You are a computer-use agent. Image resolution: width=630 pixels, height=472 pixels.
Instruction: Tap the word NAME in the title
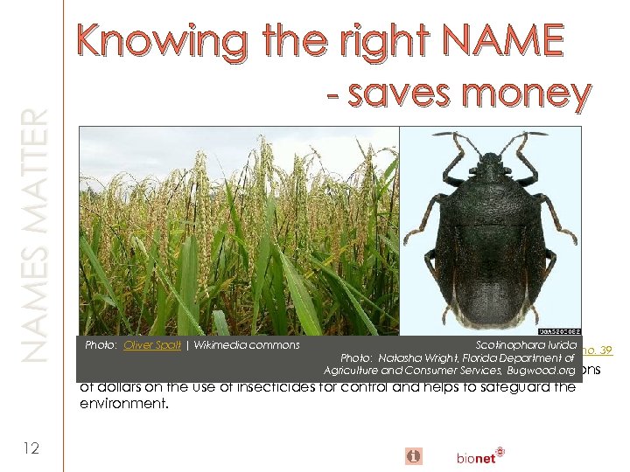tap(503, 41)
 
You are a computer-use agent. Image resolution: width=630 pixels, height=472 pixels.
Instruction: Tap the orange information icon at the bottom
tap(414, 455)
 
